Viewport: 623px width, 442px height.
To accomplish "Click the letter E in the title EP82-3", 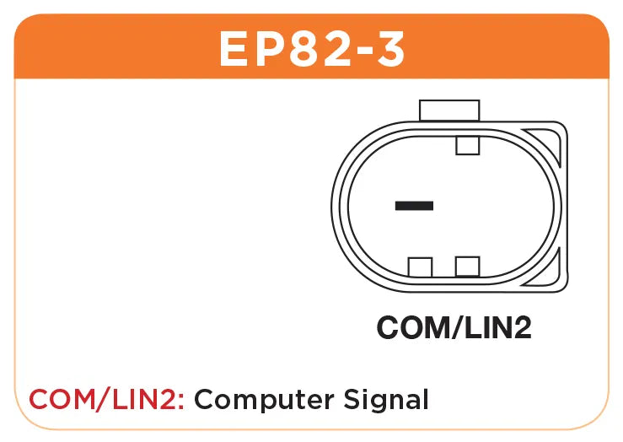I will coord(234,50).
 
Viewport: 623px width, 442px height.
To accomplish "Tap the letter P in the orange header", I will coord(271,50).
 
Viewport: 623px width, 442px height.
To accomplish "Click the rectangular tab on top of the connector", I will coord(449,110).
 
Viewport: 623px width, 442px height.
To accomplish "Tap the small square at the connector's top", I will coord(467,145).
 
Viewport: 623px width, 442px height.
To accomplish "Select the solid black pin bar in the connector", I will coord(414,205).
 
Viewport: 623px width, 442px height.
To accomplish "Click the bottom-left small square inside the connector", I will coord(420,267).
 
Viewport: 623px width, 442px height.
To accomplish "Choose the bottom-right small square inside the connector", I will coord(467,267).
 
